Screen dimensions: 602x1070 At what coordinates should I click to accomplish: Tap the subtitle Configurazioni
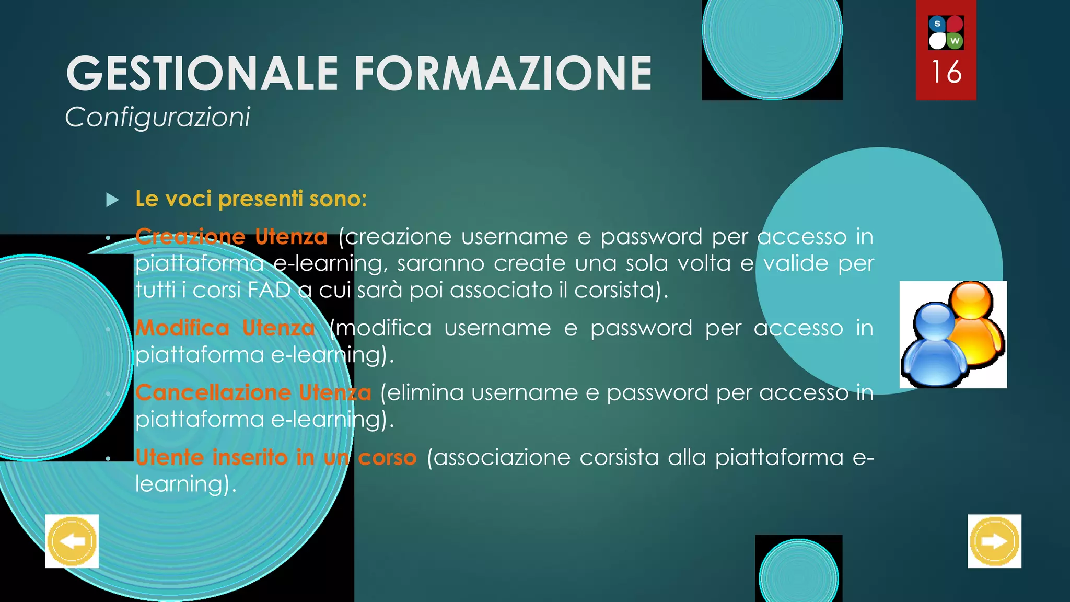pyautogui.click(x=157, y=117)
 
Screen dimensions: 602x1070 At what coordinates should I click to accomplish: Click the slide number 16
pyautogui.click(x=946, y=72)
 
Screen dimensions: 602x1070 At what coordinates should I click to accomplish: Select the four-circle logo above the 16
pyautogui.click(x=946, y=32)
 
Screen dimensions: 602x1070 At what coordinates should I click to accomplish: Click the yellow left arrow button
pyautogui.click(x=72, y=541)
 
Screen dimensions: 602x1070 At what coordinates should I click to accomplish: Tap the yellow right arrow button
pyautogui.click(x=994, y=541)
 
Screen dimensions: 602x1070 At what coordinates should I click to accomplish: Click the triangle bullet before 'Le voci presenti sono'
pyautogui.click(x=112, y=200)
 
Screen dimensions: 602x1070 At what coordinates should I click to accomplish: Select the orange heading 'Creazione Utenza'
pyautogui.click(x=231, y=237)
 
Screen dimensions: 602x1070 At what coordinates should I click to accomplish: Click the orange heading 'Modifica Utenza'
pyautogui.click(x=225, y=328)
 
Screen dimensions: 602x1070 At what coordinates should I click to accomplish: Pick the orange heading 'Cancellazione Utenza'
pyautogui.click(x=253, y=392)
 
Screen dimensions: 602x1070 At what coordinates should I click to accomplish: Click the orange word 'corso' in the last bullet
pyautogui.click(x=387, y=457)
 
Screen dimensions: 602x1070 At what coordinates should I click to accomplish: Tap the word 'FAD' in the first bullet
pyautogui.click(x=269, y=290)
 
